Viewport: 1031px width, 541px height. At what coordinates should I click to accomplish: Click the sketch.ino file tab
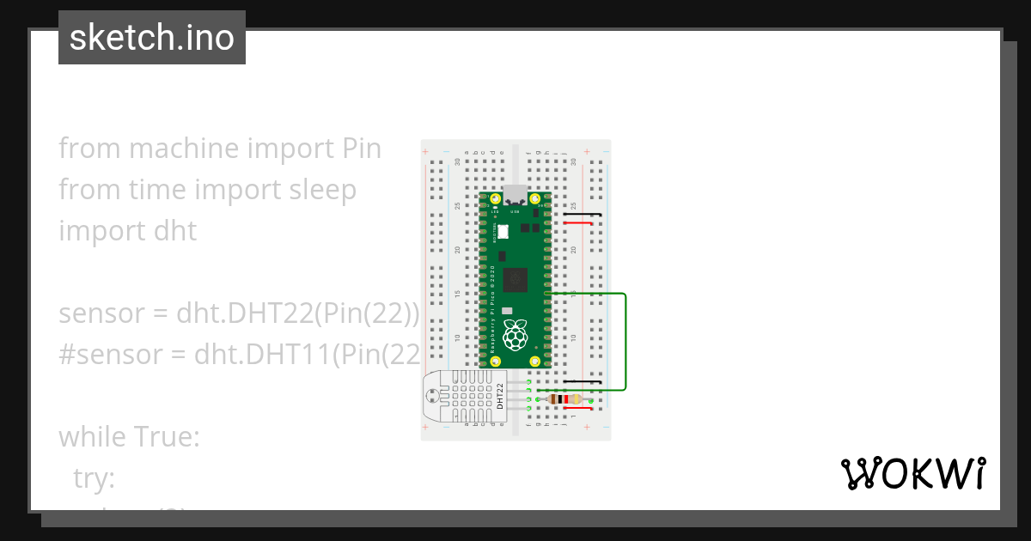[x=152, y=38]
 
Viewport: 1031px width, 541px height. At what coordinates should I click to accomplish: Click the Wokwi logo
[x=912, y=473]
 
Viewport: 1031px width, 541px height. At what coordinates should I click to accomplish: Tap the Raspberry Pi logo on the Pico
[x=515, y=335]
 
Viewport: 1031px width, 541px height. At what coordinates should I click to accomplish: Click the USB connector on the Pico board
[x=515, y=193]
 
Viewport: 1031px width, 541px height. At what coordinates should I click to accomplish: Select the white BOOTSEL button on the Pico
[x=503, y=231]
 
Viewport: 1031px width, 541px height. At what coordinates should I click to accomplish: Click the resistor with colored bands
[x=564, y=398]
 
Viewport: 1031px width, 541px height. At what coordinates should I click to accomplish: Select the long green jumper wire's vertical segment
[x=625, y=342]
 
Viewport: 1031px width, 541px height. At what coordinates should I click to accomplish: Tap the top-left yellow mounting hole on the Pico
[x=496, y=199]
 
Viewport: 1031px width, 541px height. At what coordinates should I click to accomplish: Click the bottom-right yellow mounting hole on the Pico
[x=534, y=362]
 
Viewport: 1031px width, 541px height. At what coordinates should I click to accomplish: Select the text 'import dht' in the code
[x=127, y=231]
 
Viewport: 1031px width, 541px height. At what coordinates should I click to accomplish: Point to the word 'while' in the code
[x=91, y=438]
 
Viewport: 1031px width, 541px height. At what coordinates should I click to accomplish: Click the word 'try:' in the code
[x=95, y=479]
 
